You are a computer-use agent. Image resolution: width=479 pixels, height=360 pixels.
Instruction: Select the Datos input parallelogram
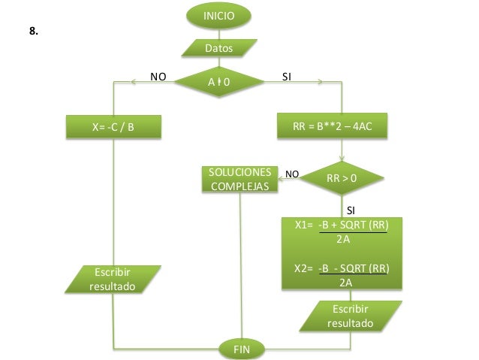pos(219,49)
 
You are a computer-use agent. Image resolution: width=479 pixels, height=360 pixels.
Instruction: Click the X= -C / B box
pos(113,126)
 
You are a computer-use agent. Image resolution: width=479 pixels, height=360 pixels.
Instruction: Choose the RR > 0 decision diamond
pos(342,179)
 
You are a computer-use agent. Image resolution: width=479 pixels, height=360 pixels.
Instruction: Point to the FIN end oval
pos(242,349)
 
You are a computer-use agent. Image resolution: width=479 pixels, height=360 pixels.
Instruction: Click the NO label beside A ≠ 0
pos(158,77)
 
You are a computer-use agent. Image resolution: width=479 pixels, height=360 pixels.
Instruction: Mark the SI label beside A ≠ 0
pos(287,77)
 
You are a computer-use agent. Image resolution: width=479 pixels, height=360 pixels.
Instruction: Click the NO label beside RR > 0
pos(292,174)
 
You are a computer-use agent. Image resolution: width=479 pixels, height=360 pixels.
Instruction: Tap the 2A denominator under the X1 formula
pos(345,240)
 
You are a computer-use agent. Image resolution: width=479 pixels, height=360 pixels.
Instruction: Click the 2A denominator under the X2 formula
pos(345,283)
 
